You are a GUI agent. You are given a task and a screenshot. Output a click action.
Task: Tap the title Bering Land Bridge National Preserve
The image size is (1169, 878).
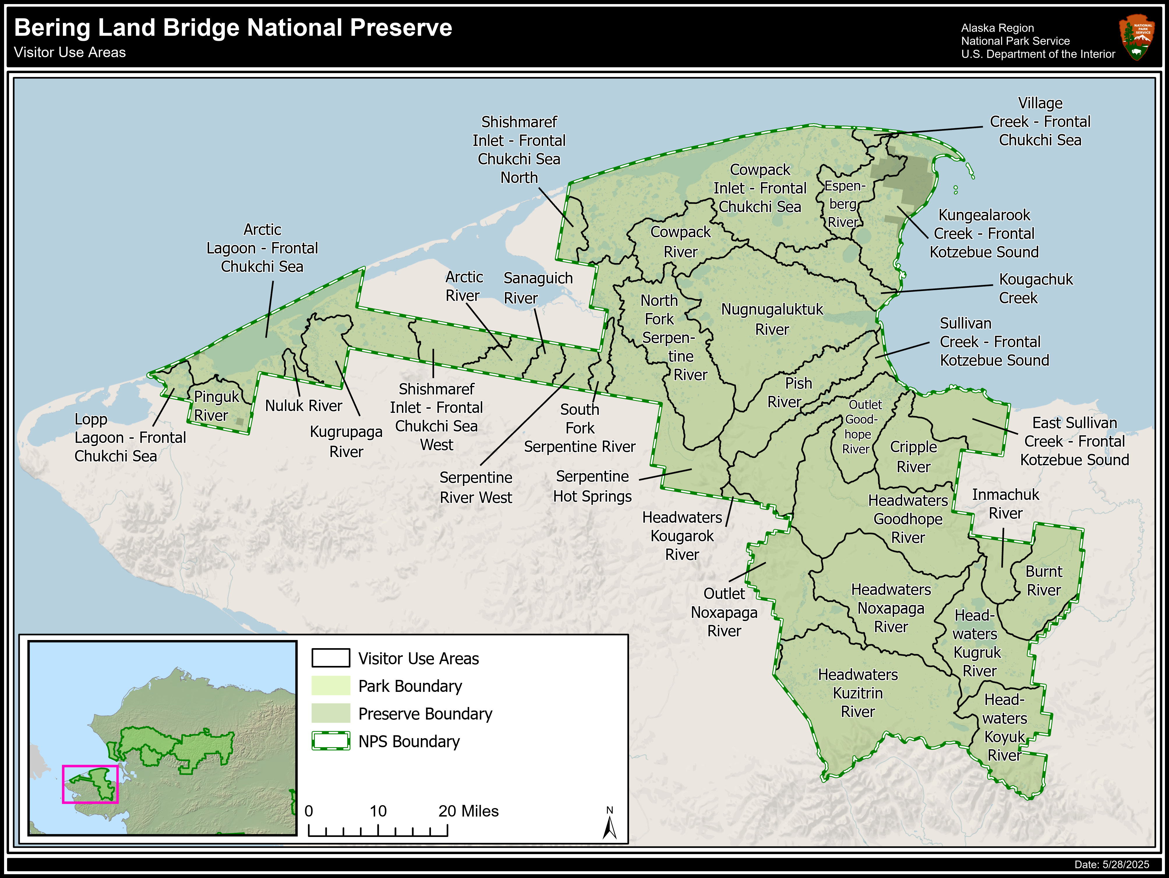coord(232,27)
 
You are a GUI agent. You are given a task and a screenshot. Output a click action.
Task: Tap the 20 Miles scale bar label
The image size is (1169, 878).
coord(468,811)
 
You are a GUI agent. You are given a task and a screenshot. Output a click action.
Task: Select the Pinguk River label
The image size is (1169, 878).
coord(216,406)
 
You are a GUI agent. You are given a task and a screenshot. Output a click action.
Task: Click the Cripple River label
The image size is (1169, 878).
coord(913,457)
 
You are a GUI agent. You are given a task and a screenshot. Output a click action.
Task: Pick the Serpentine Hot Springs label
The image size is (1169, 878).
coord(592,486)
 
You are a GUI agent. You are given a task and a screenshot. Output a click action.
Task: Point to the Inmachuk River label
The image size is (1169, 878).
coord(1005,504)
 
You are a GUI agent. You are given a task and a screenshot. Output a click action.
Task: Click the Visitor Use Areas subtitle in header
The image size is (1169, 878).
coord(70,52)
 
